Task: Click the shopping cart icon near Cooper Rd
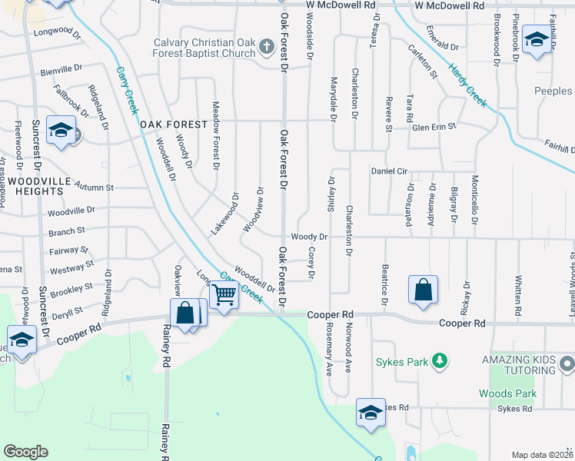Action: (x=224, y=294)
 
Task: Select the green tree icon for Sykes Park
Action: (x=439, y=360)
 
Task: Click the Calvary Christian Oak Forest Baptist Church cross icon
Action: (x=267, y=48)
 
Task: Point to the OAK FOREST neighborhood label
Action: (x=173, y=124)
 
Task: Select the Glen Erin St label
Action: (x=434, y=126)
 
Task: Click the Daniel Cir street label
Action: (x=389, y=171)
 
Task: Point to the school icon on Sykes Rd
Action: (x=371, y=413)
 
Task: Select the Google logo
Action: (x=26, y=452)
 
